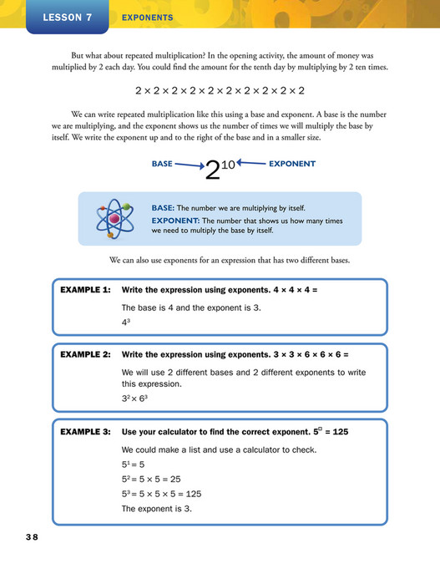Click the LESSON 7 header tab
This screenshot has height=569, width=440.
coord(68,17)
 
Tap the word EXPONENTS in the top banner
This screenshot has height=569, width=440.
coord(147,17)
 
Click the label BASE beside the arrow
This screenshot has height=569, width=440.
coord(162,164)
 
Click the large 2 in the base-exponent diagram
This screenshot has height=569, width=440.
coord(212,171)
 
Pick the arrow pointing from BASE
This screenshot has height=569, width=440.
coord(188,165)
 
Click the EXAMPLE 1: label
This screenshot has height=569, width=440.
coord(86,291)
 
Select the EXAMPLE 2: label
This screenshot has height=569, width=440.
coord(86,354)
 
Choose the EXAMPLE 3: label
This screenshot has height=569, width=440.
coord(86,432)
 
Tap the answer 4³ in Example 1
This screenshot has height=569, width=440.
coord(127,323)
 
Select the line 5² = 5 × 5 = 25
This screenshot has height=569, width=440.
coord(152,480)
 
